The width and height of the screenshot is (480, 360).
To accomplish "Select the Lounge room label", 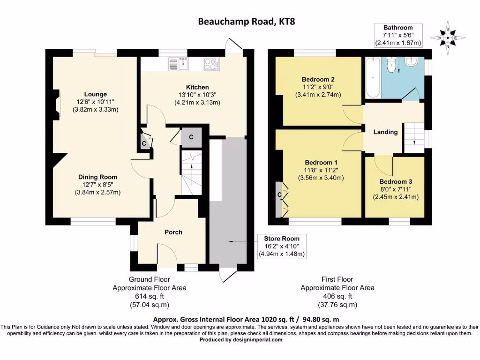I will point(95,94).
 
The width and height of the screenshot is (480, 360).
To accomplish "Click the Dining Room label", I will point(97,177).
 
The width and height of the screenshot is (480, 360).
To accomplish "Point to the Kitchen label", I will point(197,87).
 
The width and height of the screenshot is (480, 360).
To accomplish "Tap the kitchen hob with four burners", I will point(210,64).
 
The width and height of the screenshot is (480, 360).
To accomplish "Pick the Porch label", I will point(173,232).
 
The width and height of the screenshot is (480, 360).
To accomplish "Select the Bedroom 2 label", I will point(318,79).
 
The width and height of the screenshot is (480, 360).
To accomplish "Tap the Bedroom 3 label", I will point(396,182).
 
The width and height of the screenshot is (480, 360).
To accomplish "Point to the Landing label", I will point(385,132).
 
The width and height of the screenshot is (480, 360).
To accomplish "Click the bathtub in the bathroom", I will point(373,77).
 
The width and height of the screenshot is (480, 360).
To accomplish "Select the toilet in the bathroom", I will point(390,66).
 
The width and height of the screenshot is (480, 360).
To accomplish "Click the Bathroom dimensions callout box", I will point(398,35).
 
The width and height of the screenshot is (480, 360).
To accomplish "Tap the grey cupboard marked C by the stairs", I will point(191,137).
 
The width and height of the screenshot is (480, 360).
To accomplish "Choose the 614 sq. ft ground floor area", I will point(149,296).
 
